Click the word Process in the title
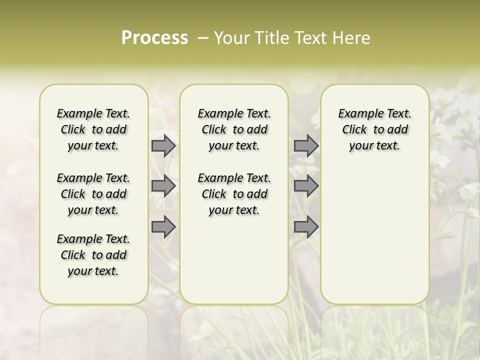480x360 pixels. coord(154,37)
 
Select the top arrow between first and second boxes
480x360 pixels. coord(163,145)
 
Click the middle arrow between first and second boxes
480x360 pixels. coord(163,186)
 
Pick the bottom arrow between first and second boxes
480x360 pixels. coord(163,227)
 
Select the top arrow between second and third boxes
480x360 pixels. coord(306,145)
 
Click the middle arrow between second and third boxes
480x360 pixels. coord(306,186)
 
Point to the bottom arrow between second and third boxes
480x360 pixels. coord(306,227)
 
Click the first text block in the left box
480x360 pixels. coord(93,129)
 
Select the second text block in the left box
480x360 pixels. coord(93,194)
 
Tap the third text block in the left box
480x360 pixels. coord(93,255)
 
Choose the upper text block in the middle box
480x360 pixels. coord(234,129)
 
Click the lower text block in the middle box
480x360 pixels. coord(234,194)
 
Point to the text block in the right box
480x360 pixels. coord(374,129)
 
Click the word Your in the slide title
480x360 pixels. coord(232,37)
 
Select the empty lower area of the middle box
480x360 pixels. coord(234,260)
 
